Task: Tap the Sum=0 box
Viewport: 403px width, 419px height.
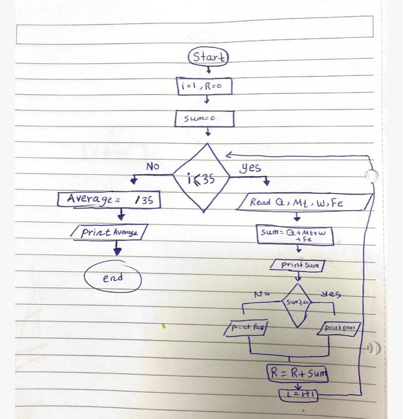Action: pos(204,119)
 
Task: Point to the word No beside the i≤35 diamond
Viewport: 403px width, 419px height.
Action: pos(152,166)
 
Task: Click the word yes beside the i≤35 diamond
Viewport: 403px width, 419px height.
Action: pos(251,168)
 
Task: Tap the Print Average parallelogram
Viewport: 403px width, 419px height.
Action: pos(109,232)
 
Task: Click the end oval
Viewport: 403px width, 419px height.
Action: pos(113,278)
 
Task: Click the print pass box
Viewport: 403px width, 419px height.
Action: pos(341,328)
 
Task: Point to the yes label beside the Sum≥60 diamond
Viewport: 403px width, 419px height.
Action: pos(330,294)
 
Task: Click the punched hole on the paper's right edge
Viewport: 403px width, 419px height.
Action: pos(372,175)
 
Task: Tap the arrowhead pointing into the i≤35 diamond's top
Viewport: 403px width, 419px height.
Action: pos(228,155)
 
